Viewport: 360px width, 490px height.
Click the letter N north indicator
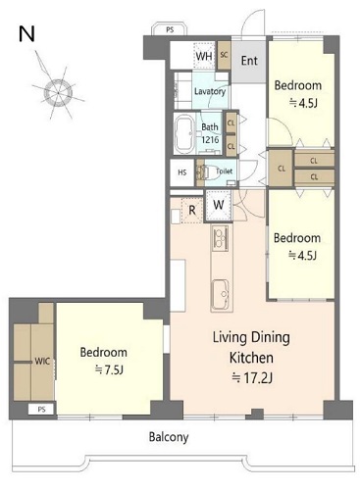[26, 34]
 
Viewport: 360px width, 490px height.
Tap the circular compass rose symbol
[59, 93]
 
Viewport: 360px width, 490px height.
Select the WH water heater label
[204, 56]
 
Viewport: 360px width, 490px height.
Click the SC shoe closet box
[225, 55]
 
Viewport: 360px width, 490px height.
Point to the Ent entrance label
[249, 61]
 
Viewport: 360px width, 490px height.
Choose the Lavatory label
[210, 91]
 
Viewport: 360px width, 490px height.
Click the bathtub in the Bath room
[185, 133]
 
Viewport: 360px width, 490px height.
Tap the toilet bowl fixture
[209, 172]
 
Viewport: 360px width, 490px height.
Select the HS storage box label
[182, 172]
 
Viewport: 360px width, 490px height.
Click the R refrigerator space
[192, 210]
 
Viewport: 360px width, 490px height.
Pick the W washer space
[218, 206]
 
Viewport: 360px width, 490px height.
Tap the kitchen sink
[220, 296]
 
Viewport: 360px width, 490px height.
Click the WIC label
[42, 362]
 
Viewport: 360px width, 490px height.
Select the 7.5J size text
[109, 370]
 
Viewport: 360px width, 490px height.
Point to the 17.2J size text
[252, 377]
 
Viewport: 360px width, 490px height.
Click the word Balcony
[169, 437]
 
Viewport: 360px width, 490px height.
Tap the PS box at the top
[170, 29]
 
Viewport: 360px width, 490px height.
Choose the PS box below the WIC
[41, 410]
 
